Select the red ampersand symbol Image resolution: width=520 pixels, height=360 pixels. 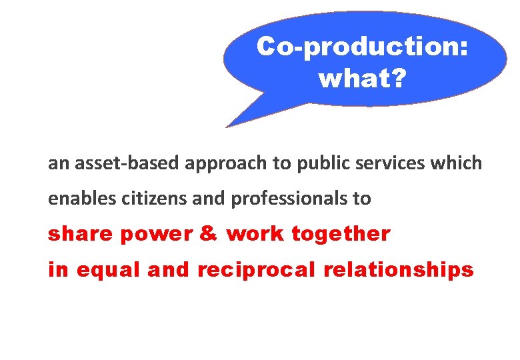tap(208, 234)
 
